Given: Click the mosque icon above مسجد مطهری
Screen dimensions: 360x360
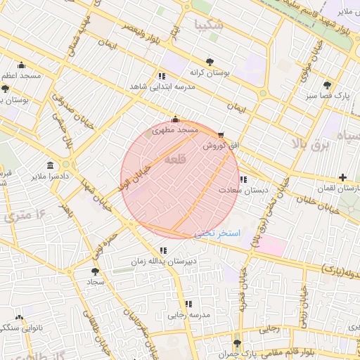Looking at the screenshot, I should [175, 120].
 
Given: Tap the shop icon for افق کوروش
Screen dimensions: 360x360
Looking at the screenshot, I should [221, 134].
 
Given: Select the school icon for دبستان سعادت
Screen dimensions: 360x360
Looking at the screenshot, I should [243, 179].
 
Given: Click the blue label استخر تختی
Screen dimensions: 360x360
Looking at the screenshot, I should [221, 233].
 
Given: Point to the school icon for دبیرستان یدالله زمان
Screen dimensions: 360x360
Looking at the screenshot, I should [163, 250].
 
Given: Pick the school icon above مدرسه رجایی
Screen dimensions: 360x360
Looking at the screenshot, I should [188, 304].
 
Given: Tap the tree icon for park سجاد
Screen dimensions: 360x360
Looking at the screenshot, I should [95, 271].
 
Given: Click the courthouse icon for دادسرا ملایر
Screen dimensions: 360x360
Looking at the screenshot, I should [50, 165].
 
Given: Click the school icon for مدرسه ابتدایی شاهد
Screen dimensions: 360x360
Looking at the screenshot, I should [162, 75].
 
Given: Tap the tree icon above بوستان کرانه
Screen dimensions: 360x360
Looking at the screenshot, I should [210, 61].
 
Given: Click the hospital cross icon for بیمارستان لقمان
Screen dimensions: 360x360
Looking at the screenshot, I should [342, 177].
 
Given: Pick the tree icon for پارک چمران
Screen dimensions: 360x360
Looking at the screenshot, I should [236, 344].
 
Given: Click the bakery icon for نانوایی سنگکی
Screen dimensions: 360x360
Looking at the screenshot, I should [19, 318].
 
